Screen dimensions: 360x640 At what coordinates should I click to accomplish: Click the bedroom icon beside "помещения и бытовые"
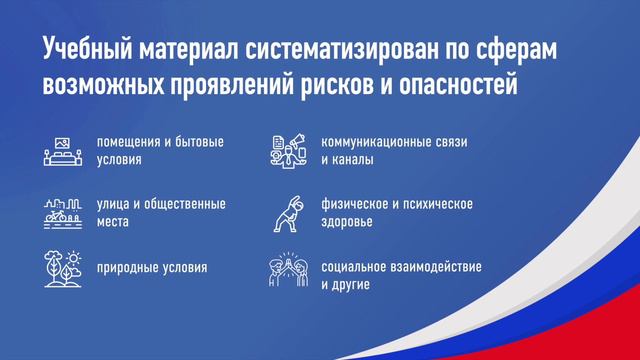point(62,149)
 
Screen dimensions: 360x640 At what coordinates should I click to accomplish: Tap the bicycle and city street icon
point(62,211)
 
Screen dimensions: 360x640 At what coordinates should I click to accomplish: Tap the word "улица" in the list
point(113,203)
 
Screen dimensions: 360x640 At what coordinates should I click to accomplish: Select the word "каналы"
point(354,159)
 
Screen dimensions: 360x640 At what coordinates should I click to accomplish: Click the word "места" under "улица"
point(113,221)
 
